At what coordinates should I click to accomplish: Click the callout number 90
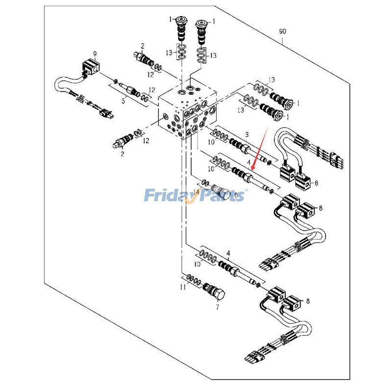point(282,31)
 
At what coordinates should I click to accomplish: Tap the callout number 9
point(95,53)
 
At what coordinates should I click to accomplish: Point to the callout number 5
point(123,101)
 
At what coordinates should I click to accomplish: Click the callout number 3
point(246,134)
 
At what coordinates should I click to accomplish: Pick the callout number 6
point(235,195)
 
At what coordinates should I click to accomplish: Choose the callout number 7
point(217,307)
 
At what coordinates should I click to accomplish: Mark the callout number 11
point(183,288)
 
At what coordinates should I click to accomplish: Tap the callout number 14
point(196,191)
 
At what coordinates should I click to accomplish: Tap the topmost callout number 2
point(142,45)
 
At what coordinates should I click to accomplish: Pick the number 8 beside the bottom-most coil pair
point(308,301)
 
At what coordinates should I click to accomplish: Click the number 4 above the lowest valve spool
point(228,253)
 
